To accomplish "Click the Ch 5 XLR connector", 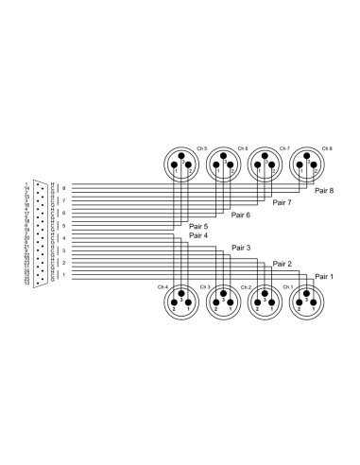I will coord(180,165).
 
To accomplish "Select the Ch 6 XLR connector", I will coord(222,165).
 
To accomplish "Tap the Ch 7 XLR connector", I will coord(264,165).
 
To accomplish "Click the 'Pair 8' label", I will coord(325,192).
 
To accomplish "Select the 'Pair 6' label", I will coord(241,215).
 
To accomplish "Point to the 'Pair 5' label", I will coord(198,227).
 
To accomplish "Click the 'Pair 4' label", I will coord(198,235).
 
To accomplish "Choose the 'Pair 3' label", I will coord(241,248).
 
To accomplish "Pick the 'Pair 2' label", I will coord(282,264).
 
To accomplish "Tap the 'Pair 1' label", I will coord(325,275).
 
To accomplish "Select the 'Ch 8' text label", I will coord(327,148).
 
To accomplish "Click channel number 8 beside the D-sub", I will coord(64,189).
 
